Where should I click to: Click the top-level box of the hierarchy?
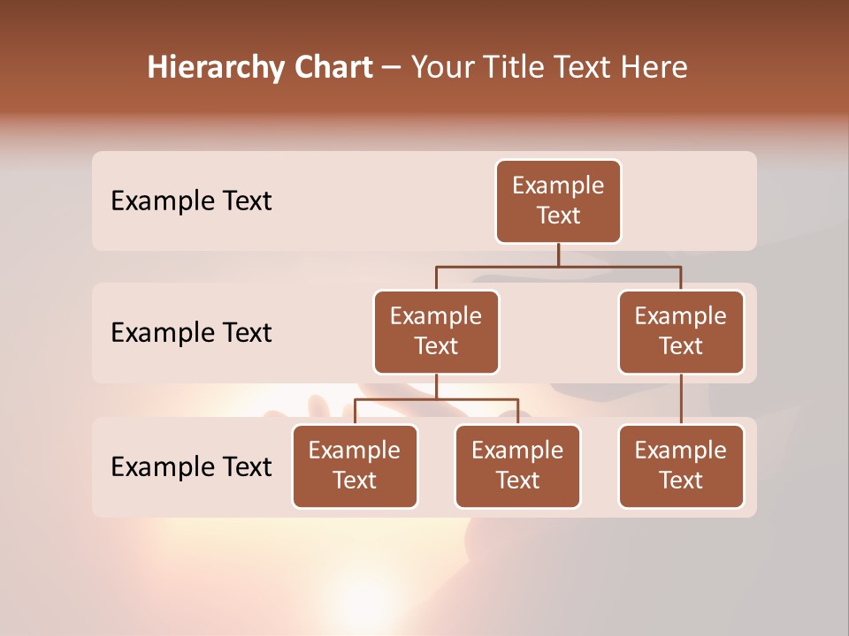click(x=558, y=201)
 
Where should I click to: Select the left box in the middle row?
click(x=436, y=331)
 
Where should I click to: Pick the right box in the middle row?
click(x=681, y=331)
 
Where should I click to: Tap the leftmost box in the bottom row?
click(x=355, y=466)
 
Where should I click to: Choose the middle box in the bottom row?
click(x=517, y=466)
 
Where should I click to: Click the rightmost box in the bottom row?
click(x=681, y=466)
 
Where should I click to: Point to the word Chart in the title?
click(x=333, y=68)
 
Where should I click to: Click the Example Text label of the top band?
click(x=191, y=201)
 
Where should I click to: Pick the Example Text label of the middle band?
click(x=191, y=333)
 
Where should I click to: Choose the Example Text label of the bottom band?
click(x=191, y=466)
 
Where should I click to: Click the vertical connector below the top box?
click(x=558, y=254)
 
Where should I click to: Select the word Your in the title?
click(x=440, y=68)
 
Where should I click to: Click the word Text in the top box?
click(x=558, y=216)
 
